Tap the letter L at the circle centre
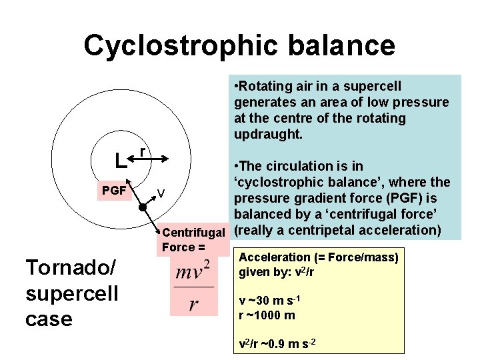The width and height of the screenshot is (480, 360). click(119, 161)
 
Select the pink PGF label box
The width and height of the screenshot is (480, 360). click(113, 191)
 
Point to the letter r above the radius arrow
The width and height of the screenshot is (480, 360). click(144, 152)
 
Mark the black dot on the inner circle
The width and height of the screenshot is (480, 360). click(142, 209)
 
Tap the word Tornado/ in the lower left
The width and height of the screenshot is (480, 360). click(70, 267)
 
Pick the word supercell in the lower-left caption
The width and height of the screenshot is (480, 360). click(71, 293)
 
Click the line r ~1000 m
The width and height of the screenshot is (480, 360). click(267, 315)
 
